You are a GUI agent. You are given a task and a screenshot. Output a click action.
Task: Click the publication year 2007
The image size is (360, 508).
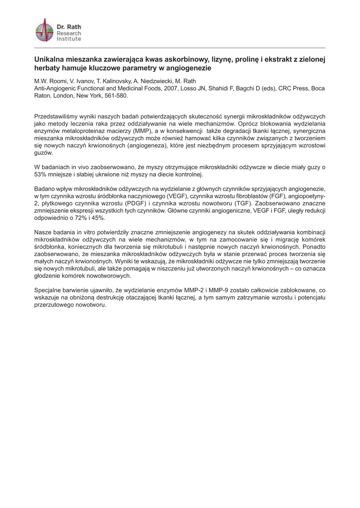click(x=165, y=88)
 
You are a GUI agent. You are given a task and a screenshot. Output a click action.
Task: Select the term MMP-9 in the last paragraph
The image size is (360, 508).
click(x=214, y=289)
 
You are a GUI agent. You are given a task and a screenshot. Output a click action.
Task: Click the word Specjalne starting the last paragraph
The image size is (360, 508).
click(x=49, y=289)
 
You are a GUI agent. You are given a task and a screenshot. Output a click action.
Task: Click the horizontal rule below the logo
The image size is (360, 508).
click(x=180, y=48)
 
